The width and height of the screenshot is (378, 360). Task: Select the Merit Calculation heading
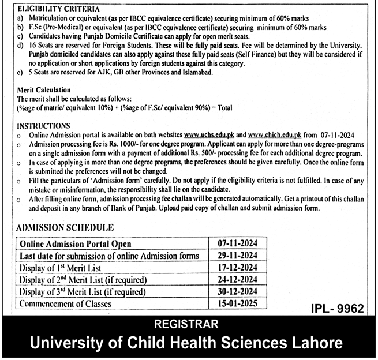[x=44, y=90]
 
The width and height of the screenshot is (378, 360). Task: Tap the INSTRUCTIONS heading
[x=44, y=126]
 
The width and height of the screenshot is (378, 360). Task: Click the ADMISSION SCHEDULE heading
[x=65, y=228]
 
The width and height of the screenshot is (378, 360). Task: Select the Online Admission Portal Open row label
[x=76, y=245]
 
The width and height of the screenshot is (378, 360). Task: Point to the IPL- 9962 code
[x=335, y=309]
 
